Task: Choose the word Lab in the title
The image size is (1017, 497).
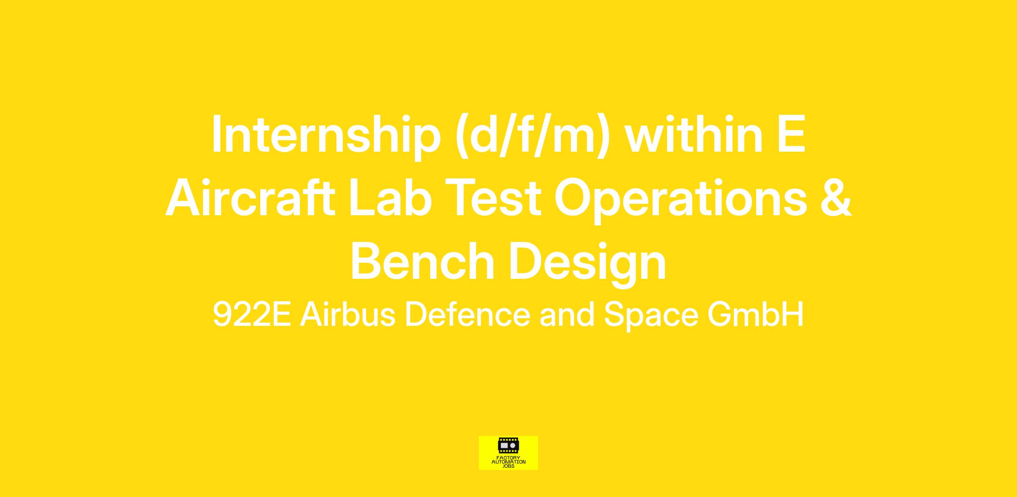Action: [x=390, y=197]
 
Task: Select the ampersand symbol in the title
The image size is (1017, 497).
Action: [x=836, y=197]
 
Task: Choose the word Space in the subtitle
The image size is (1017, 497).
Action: [x=651, y=316]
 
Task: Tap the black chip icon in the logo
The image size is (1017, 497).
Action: [x=508, y=446]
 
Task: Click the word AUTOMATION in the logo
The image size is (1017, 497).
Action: [x=508, y=462]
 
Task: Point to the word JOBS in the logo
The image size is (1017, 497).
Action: [x=508, y=466]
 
